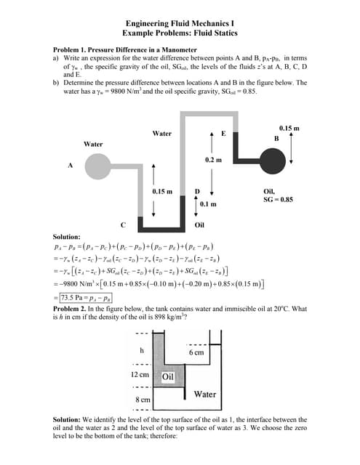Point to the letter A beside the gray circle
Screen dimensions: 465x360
point(71,165)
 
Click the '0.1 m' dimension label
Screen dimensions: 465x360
point(210,205)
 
